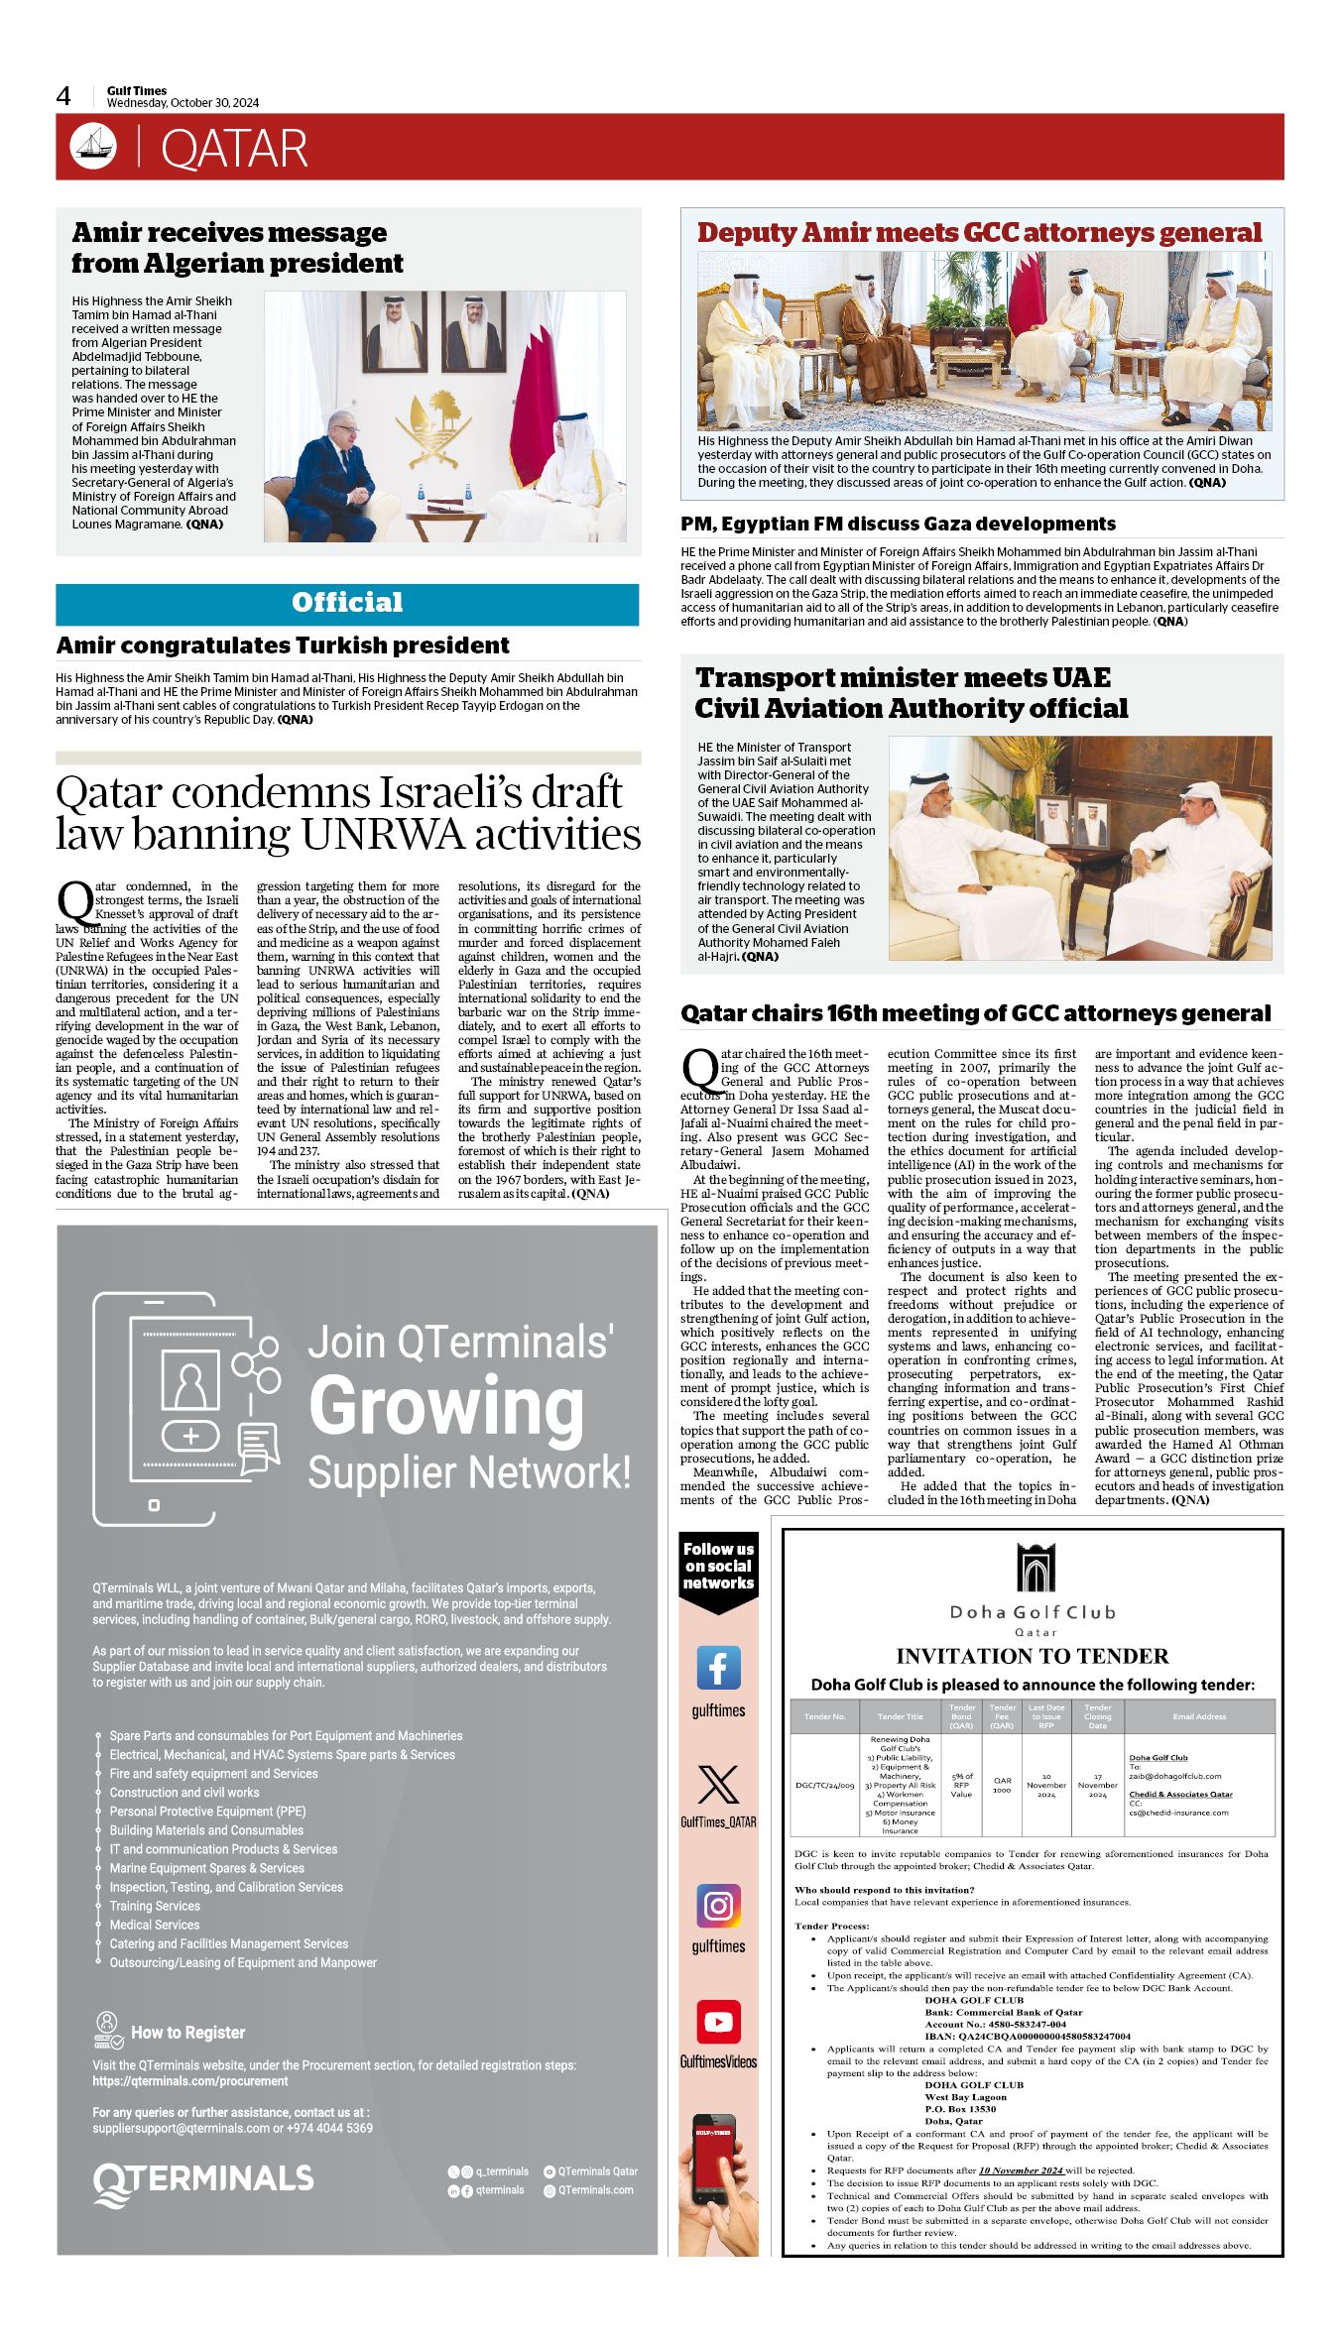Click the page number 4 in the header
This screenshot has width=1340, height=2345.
[x=63, y=96]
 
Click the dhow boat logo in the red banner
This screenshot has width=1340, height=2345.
[x=92, y=147]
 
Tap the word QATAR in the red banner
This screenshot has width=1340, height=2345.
[x=234, y=149]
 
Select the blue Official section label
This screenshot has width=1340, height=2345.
[x=347, y=603]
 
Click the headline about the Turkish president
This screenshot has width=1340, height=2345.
[x=283, y=645]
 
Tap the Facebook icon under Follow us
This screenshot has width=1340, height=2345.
[x=718, y=1668]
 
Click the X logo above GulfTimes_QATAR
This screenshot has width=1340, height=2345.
[x=718, y=1785]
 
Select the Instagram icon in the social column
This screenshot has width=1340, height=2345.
[x=718, y=1905]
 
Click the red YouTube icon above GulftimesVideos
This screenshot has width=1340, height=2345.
[x=718, y=2022]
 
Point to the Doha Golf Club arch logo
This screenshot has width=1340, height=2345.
[x=1035, y=1569]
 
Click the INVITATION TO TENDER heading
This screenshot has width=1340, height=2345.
[x=1033, y=1656]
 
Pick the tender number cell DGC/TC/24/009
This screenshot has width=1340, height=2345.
[x=824, y=1785]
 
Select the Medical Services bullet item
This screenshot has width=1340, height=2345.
[x=155, y=1925]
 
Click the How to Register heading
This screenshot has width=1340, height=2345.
[x=187, y=2033]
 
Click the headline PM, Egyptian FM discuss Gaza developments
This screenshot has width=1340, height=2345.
[x=898, y=524]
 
